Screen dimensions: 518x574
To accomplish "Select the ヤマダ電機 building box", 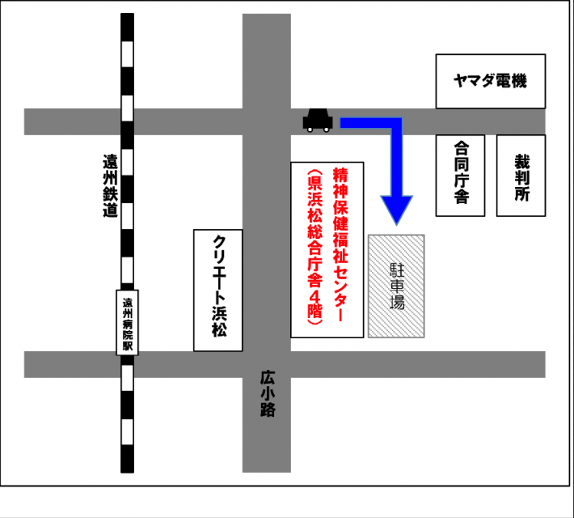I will click(491, 81).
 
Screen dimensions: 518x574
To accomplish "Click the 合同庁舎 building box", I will click(461, 175).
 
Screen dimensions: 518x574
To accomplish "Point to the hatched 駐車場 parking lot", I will click(397, 286).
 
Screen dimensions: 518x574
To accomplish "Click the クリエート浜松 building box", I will click(218, 290).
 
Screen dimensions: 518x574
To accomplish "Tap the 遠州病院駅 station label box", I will click(127, 323).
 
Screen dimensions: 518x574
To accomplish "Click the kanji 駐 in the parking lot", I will click(397, 267).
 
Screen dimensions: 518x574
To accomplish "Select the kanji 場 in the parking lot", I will click(397, 304).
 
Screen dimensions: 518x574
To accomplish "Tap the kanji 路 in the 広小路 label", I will click(268, 410).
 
